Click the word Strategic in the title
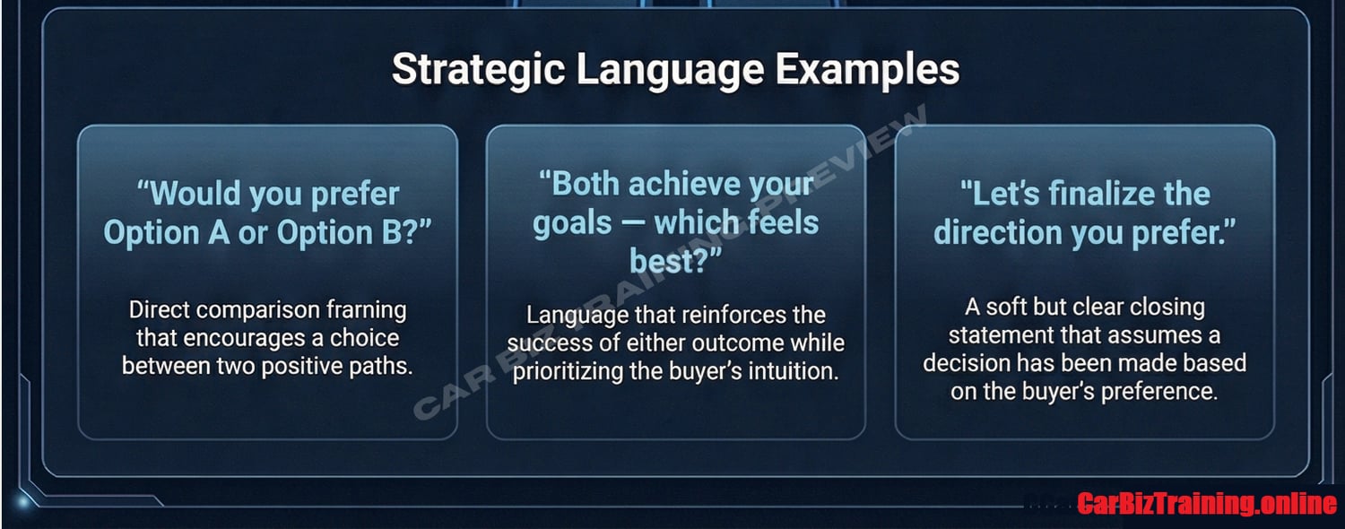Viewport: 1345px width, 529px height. [x=478, y=70]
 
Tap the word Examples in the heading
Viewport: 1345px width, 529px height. [x=867, y=70]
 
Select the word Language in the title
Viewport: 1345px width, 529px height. [x=670, y=70]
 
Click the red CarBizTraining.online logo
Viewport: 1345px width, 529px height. [x=1207, y=503]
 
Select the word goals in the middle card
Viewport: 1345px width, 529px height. [x=572, y=223]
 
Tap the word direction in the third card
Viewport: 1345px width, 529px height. [x=998, y=233]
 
